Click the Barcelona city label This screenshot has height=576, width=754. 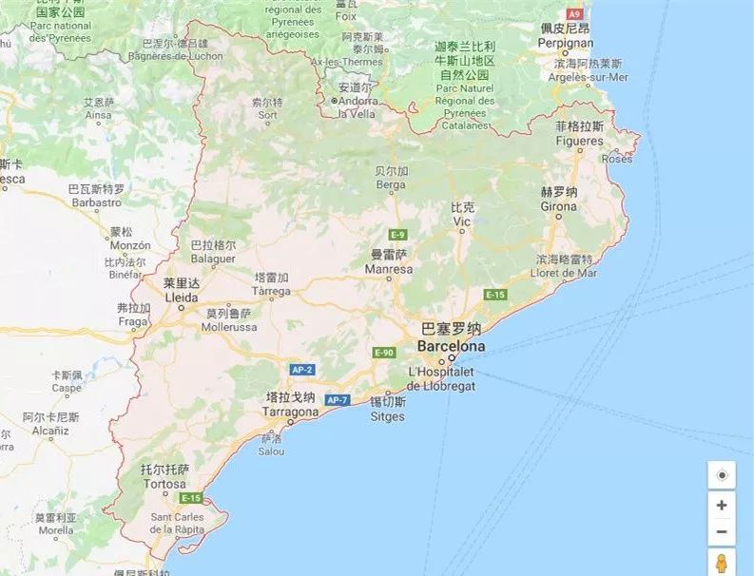[x=451, y=346]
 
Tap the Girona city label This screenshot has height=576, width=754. [x=559, y=206]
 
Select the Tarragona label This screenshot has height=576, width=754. [x=291, y=413]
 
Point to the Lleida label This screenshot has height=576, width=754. [x=182, y=297]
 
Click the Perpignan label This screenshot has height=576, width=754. [x=566, y=43]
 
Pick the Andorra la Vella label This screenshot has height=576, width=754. [x=356, y=107]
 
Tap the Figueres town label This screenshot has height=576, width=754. [x=579, y=142]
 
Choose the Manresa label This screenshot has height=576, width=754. [x=389, y=270]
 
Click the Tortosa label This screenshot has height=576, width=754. [x=164, y=484]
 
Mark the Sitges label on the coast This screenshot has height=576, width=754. [x=387, y=416]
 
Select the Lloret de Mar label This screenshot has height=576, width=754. [x=567, y=273]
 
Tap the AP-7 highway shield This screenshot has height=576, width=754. [x=338, y=400]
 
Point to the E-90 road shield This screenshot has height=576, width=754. [x=384, y=353]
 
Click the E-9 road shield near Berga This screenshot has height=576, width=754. [x=397, y=235]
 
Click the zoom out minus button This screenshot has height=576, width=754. [x=722, y=531]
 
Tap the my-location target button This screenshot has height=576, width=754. [x=722, y=475]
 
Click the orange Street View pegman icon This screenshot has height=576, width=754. [x=722, y=563]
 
